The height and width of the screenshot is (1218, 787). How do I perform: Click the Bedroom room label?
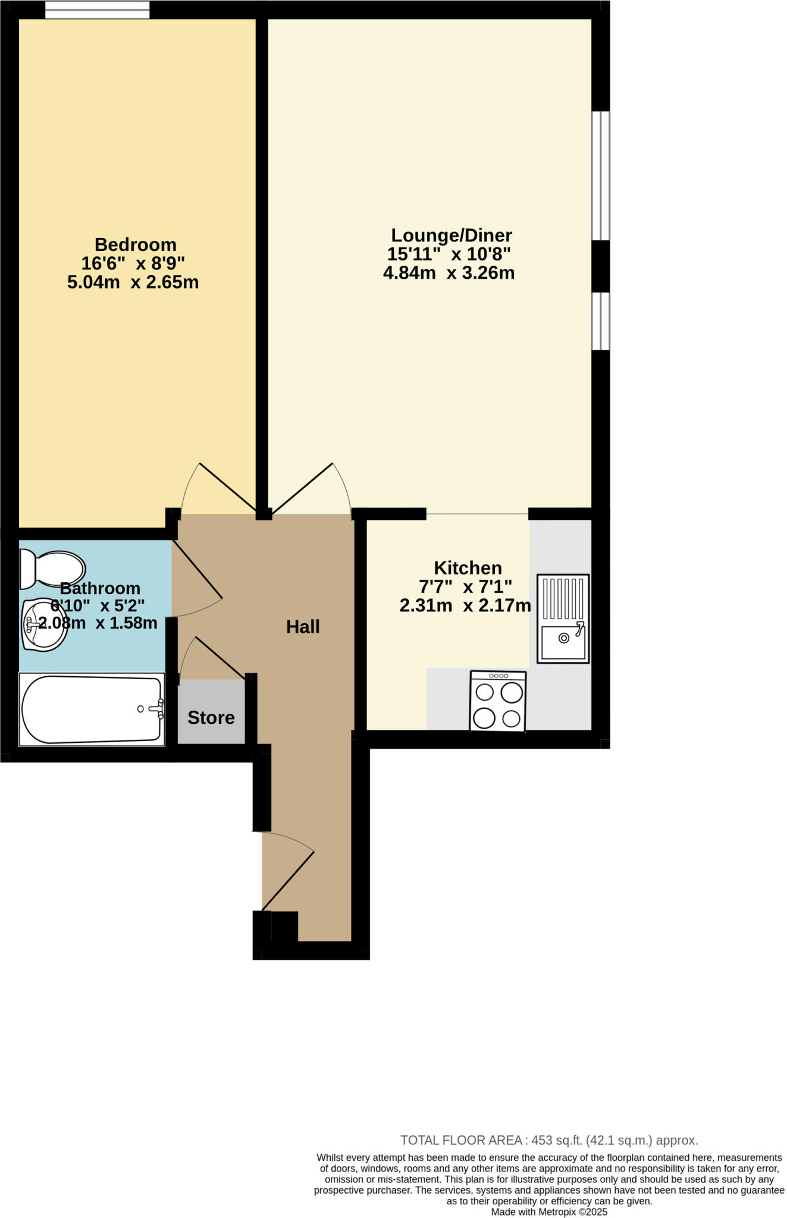click(x=135, y=244)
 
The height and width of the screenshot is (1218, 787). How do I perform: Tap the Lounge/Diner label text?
click(x=451, y=235)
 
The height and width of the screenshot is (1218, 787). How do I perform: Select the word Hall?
click(x=303, y=626)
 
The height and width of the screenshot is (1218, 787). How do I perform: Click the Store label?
click(x=211, y=717)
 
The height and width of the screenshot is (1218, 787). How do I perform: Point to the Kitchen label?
click(x=468, y=567)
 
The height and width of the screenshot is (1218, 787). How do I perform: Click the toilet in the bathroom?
click(x=52, y=568)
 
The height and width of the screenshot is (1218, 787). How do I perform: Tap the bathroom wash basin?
click(x=44, y=624)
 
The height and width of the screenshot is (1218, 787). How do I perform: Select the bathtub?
click(x=92, y=709)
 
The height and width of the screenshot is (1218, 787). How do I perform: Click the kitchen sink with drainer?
click(x=563, y=618)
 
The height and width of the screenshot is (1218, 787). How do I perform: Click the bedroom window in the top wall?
click(x=97, y=10)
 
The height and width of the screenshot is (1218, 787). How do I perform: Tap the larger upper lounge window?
click(x=600, y=175)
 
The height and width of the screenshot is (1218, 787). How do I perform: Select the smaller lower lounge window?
click(x=600, y=321)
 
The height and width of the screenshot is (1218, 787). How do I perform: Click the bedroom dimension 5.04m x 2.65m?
click(x=133, y=282)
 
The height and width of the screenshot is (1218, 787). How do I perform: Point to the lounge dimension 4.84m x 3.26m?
click(x=449, y=273)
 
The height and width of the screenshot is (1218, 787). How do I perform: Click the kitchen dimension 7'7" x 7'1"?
click(x=465, y=587)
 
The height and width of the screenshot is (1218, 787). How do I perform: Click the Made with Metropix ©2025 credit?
click(x=549, y=1211)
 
